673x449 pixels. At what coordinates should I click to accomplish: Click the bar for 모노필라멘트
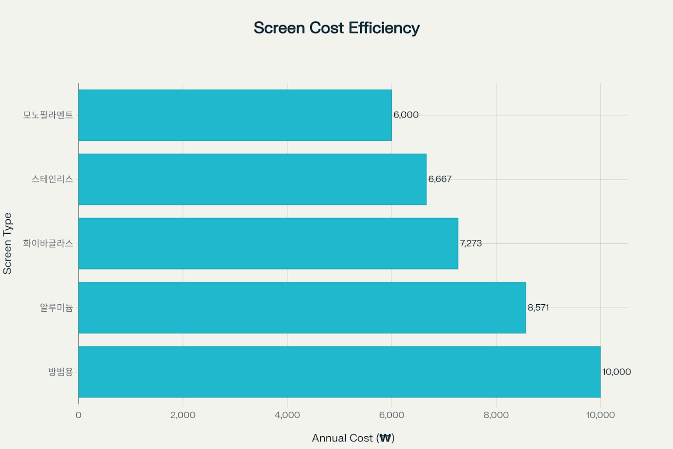click(x=235, y=115)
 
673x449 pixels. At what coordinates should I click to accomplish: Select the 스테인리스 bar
click(x=252, y=179)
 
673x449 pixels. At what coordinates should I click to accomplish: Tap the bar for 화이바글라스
click(x=268, y=243)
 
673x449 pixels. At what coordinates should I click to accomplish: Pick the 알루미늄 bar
click(x=302, y=308)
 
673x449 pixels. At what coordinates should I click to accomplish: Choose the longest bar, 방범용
click(x=340, y=372)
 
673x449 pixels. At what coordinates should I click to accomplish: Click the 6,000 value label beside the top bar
click(x=406, y=115)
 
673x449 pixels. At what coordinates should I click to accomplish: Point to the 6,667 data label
click(x=440, y=179)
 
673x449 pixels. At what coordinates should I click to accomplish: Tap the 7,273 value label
click(x=471, y=243)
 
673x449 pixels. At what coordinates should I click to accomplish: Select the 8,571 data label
click(x=538, y=308)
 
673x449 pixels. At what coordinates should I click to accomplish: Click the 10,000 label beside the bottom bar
click(x=616, y=372)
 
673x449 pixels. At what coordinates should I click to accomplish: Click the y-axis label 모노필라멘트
click(x=48, y=115)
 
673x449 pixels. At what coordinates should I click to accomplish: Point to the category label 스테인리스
click(x=52, y=179)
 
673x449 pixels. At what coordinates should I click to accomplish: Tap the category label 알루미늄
click(x=57, y=308)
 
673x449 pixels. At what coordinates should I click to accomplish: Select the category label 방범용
click(x=61, y=372)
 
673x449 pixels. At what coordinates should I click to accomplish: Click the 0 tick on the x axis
click(x=78, y=415)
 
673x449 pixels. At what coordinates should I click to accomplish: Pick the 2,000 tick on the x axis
click(x=183, y=415)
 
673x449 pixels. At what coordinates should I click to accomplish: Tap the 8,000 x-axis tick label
click(x=496, y=415)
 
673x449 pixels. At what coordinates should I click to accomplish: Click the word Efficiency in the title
click(x=384, y=28)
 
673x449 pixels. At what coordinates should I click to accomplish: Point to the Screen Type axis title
click(x=7, y=244)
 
